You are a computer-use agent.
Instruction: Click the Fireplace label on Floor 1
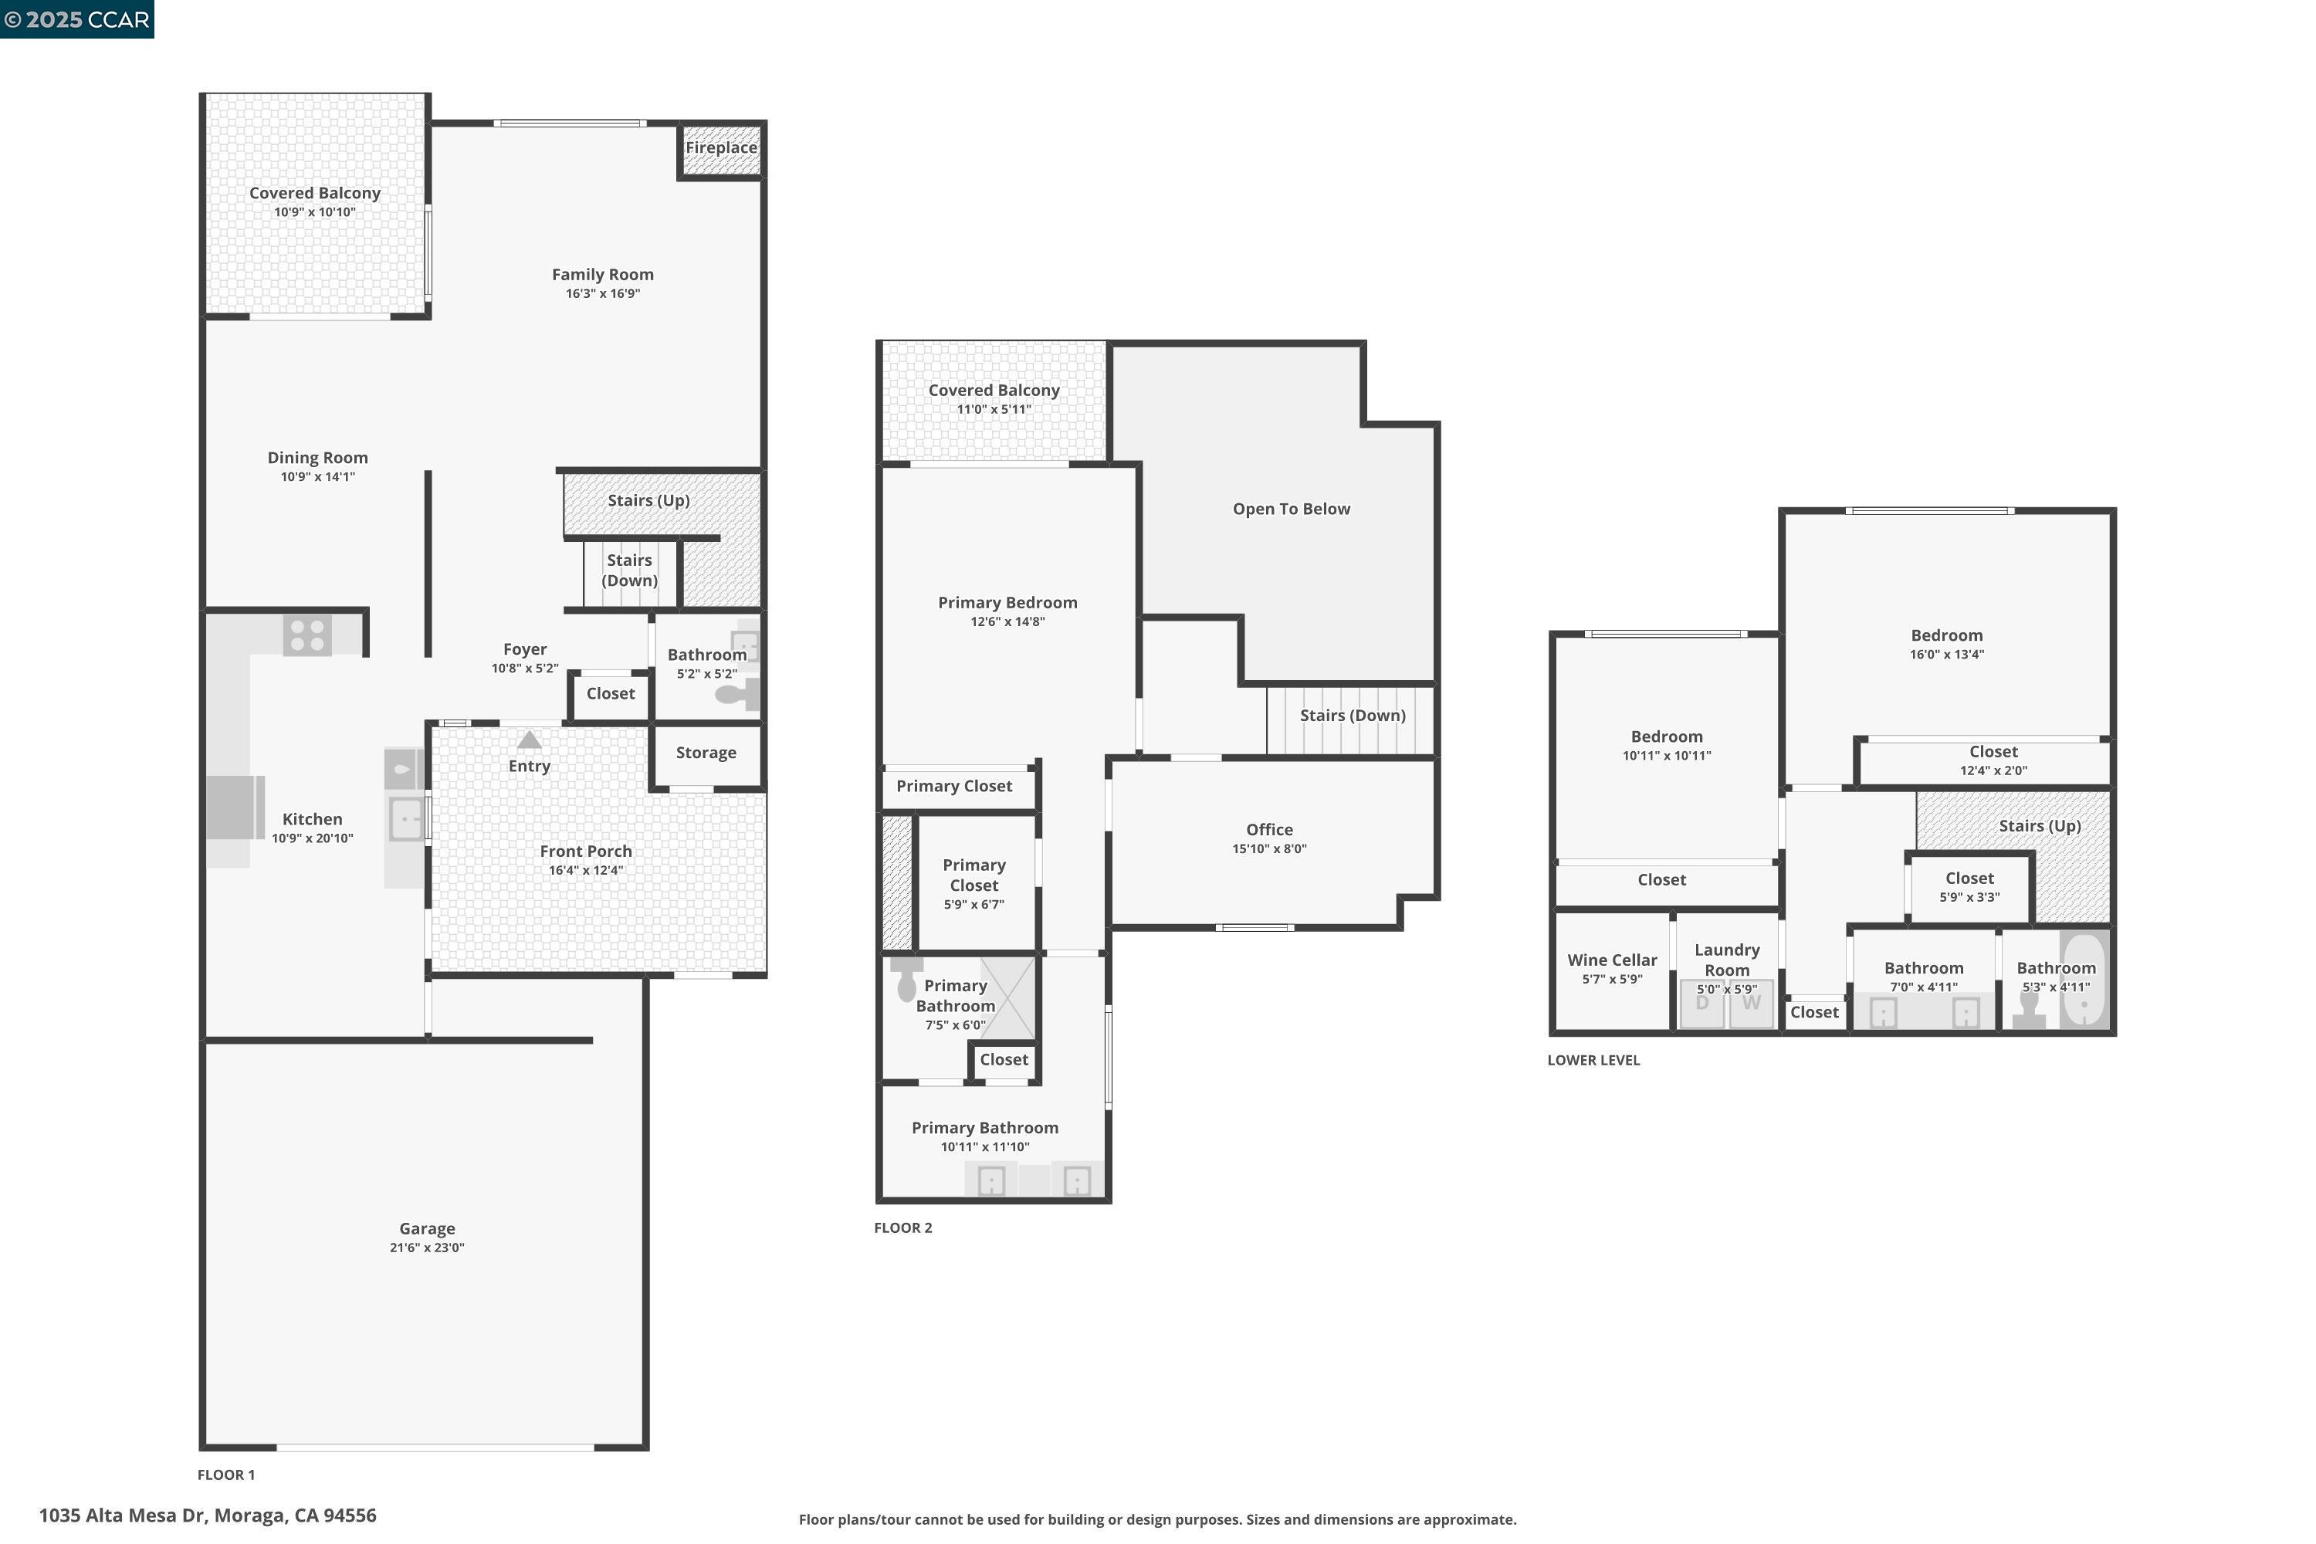coord(721,147)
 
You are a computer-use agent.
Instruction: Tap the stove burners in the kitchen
coord(307,635)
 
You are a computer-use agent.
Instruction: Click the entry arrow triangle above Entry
coord(529,740)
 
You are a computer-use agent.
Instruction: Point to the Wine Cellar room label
coord(1611,960)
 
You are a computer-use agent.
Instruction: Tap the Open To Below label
coord(1290,509)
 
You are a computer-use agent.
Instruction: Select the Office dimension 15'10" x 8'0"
coord(1268,848)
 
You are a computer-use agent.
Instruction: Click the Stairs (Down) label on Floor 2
coord(1351,716)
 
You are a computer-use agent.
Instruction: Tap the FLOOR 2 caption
coord(902,1228)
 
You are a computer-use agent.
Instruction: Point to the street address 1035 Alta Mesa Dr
coord(207,1515)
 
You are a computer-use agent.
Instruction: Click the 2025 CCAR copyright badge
coord(76,19)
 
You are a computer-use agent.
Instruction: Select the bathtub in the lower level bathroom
coord(2084,980)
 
